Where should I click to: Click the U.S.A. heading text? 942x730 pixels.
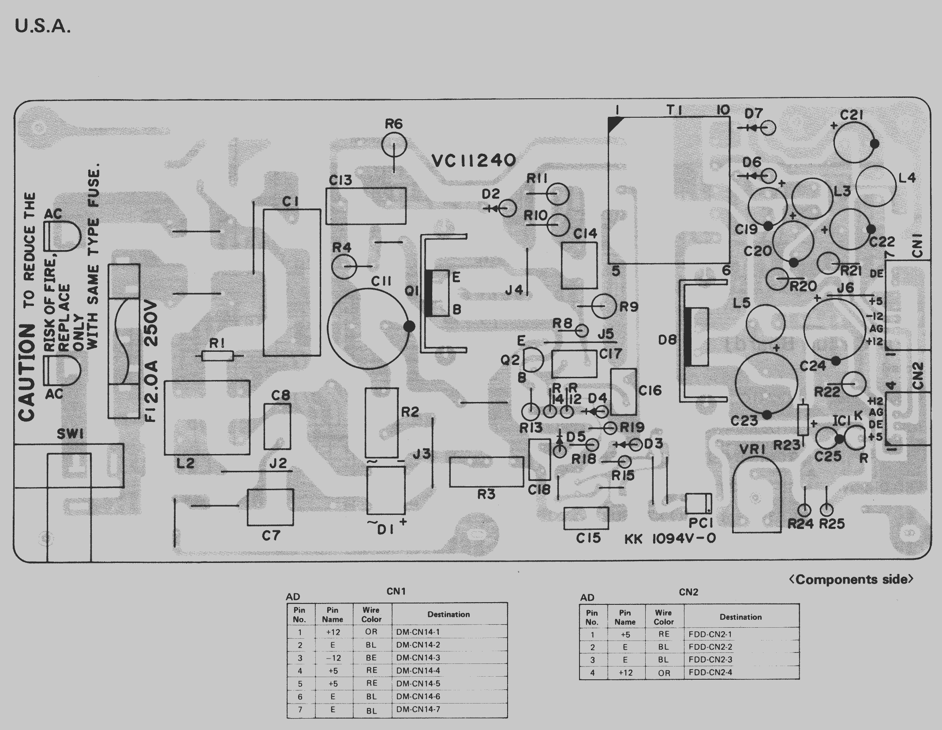point(42,27)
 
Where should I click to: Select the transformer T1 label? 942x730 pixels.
point(674,110)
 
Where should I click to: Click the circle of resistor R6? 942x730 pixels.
point(394,145)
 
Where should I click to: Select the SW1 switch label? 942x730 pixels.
point(71,435)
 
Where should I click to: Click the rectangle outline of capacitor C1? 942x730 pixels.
point(292,282)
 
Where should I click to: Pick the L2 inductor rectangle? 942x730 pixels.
point(207,417)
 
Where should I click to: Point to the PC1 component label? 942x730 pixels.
point(701,523)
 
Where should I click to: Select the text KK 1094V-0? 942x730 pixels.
point(670,539)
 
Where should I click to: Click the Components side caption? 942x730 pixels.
point(851,579)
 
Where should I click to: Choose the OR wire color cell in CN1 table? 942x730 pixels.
point(371,632)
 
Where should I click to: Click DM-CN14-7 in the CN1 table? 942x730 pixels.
point(418,709)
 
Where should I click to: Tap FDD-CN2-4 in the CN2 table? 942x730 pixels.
point(710,673)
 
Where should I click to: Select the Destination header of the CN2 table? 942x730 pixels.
point(740,617)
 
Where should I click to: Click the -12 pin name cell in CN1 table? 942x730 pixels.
point(333,658)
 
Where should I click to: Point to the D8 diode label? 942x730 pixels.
point(667,340)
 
